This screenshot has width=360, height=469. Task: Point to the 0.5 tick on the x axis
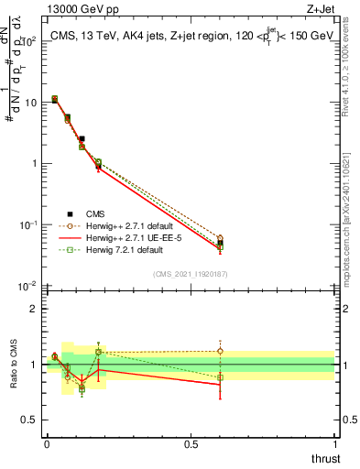tap(191, 444)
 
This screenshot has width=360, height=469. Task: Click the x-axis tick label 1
tap(335, 444)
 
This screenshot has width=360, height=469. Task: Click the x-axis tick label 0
tap(47, 444)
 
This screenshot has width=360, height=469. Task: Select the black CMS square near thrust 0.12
tap(82, 138)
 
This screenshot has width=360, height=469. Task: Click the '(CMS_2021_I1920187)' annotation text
tap(190, 272)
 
